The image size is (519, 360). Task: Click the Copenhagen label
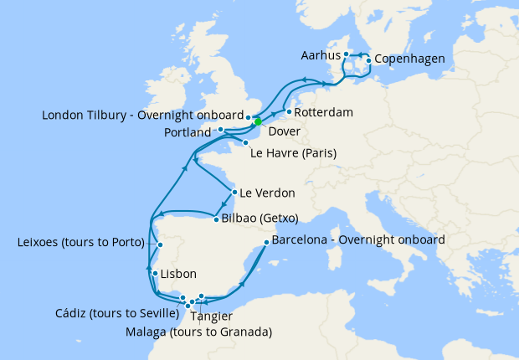(x=409, y=59)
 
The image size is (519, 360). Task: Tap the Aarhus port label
(x=320, y=54)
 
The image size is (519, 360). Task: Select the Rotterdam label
(x=324, y=111)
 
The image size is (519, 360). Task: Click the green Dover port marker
(x=258, y=121)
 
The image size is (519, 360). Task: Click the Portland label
(x=188, y=131)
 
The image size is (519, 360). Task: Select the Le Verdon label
(x=267, y=193)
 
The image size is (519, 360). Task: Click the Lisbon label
(x=177, y=274)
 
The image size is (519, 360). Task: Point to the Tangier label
(x=212, y=316)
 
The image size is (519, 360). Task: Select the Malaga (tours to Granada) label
(x=198, y=332)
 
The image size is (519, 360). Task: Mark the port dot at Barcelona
(x=265, y=243)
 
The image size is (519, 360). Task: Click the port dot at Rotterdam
(x=288, y=111)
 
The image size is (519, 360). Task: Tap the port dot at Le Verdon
(x=233, y=191)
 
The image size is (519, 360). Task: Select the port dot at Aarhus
(x=346, y=54)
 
